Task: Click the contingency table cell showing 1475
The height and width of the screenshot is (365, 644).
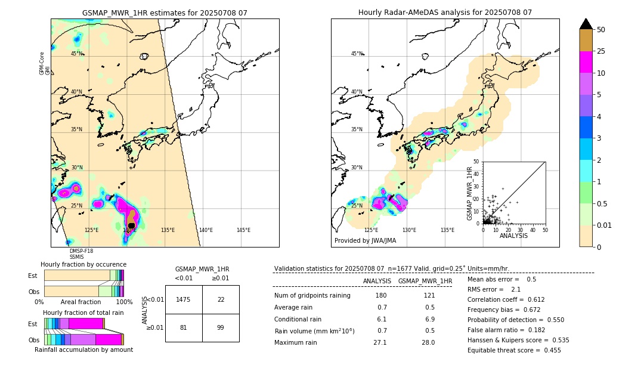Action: [x=184, y=299]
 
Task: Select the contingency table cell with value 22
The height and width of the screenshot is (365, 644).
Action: [x=221, y=299]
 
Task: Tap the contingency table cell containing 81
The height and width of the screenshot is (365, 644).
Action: [x=184, y=327]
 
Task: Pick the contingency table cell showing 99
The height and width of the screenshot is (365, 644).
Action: [x=221, y=327]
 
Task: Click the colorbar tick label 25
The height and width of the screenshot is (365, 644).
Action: [x=601, y=52]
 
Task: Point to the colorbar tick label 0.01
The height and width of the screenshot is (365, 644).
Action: [x=605, y=225]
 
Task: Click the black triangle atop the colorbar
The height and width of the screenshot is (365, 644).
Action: [x=586, y=24]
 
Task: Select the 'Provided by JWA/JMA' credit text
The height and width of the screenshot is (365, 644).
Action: [x=365, y=241]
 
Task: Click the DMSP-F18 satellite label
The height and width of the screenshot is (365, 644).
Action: [x=81, y=251]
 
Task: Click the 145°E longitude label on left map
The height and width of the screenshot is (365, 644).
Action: [x=243, y=230]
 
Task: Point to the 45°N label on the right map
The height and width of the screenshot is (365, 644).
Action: [x=357, y=54]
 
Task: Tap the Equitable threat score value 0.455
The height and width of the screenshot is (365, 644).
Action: [x=549, y=351]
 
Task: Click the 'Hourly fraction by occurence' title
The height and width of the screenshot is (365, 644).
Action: [x=83, y=264]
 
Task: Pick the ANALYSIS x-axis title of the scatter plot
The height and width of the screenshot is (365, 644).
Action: [x=513, y=236]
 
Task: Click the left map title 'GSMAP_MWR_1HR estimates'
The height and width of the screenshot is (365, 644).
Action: [x=164, y=13]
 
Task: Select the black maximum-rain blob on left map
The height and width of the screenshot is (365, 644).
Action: [x=131, y=225]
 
